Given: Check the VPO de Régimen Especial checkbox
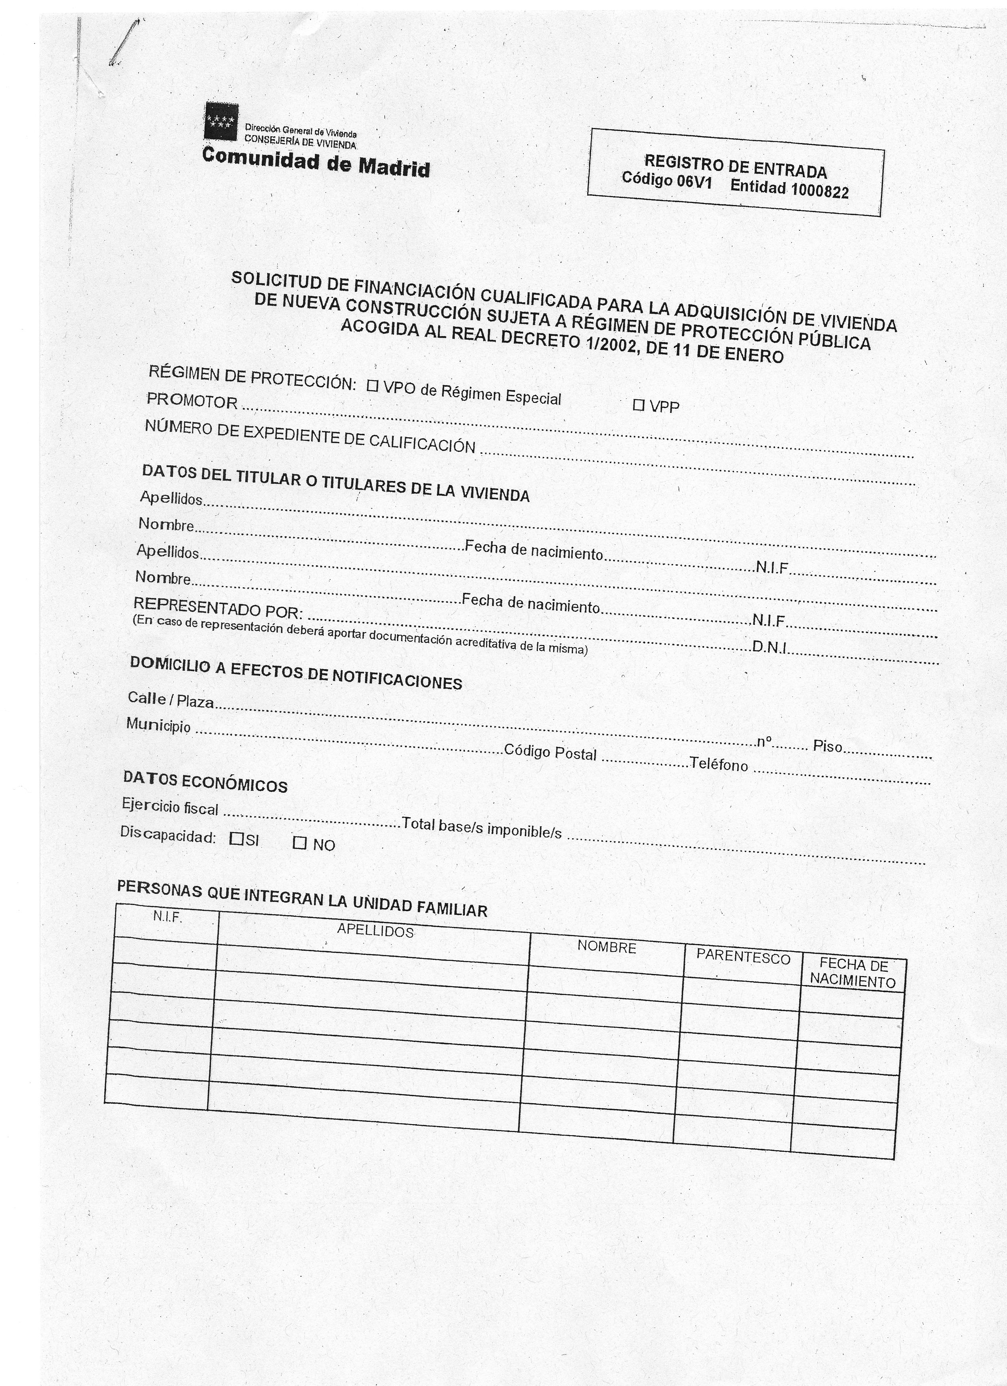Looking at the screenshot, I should (x=372, y=386).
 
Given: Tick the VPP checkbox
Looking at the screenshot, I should (x=639, y=404).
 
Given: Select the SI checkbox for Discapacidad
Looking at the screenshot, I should (x=237, y=839).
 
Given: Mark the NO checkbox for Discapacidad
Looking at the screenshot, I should (x=299, y=843).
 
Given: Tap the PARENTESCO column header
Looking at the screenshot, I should (x=743, y=957).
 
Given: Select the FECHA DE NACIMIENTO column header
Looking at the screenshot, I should (x=853, y=972).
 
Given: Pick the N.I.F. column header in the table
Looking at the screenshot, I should (x=168, y=917).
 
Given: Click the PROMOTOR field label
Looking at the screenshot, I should (x=192, y=401).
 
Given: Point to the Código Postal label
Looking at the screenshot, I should (x=550, y=752).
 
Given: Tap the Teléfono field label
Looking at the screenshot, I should (x=719, y=764).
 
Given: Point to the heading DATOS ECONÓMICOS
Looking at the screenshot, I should (x=205, y=782).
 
